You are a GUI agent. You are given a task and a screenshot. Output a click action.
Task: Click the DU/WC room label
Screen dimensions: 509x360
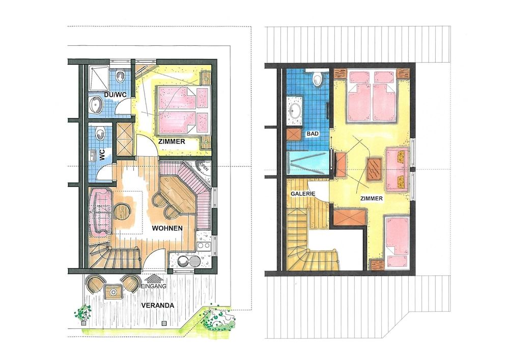pyautogui.click(x=115, y=95)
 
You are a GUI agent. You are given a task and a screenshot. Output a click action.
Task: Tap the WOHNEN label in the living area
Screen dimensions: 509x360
pyautogui.click(x=167, y=228)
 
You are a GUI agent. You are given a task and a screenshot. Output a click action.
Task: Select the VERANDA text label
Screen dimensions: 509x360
pyautogui.click(x=157, y=306)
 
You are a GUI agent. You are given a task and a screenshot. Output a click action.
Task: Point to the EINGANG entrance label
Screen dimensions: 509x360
pyautogui.click(x=154, y=286)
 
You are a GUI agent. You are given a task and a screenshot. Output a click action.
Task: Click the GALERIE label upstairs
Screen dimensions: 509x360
pyautogui.click(x=303, y=194)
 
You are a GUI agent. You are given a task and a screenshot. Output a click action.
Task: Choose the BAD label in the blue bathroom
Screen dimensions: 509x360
pyautogui.click(x=313, y=133)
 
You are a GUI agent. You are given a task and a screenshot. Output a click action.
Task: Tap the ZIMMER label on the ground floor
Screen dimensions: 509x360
pyautogui.click(x=172, y=142)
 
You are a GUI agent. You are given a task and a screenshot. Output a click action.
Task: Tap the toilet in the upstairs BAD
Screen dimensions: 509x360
pyautogui.click(x=317, y=78)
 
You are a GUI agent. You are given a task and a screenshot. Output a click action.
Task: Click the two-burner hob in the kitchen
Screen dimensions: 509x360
pyautogui.click(x=204, y=246)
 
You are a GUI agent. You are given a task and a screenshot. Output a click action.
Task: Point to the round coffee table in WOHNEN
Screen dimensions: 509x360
pyautogui.click(x=122, y=212)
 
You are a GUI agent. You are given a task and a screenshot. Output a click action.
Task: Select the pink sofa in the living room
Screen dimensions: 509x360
pyautogui.click(x=100, y=213)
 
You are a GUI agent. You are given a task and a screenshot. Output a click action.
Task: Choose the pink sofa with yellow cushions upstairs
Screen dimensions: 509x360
pyautogui.click(x=397, y=169)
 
